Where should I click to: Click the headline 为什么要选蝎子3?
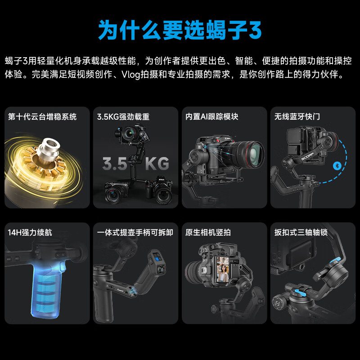[x=180, y=30]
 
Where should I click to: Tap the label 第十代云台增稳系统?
[x=42, y=117]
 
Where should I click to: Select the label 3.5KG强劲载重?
[x=123, y=117]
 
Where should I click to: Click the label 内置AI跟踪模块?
[x=211, y=117]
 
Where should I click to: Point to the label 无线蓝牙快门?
[x=297, y=117]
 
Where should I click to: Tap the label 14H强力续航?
[x=30, y=233]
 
